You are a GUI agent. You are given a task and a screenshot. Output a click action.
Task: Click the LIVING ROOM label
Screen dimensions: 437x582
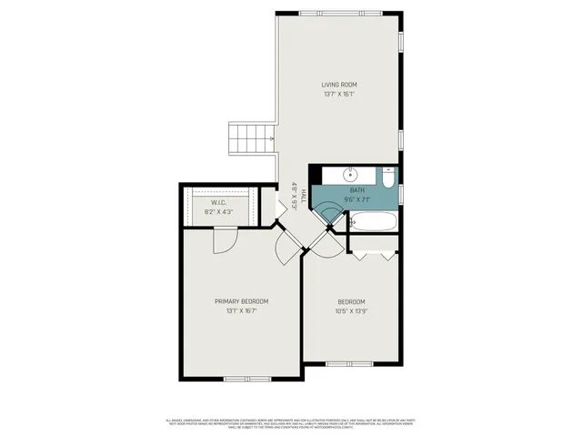(x=337, y=84)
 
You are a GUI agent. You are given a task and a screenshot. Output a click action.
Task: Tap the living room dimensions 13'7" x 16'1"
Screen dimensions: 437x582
(x=337, y=94)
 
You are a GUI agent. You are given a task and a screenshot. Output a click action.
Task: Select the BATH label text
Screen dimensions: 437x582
(x=357, y=189)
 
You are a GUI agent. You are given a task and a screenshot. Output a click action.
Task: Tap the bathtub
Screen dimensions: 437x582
(x=373, y=221)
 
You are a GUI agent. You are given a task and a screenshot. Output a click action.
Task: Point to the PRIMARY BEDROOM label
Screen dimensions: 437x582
(x=241, y=301)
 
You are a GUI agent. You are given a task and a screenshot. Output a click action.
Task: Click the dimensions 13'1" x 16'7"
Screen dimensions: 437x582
(x=241, y=311)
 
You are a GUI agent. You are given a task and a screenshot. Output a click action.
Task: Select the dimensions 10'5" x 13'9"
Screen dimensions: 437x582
(x=351, y=311)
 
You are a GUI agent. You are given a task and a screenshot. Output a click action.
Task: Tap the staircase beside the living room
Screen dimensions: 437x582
(x=252, y=139)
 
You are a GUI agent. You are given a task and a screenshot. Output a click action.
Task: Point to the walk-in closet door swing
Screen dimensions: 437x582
(x=224, y=240)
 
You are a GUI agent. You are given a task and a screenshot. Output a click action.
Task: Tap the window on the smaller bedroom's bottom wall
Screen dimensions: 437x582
(x=349, y=364)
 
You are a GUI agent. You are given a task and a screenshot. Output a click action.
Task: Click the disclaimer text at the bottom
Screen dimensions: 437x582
(x=291, y=423)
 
